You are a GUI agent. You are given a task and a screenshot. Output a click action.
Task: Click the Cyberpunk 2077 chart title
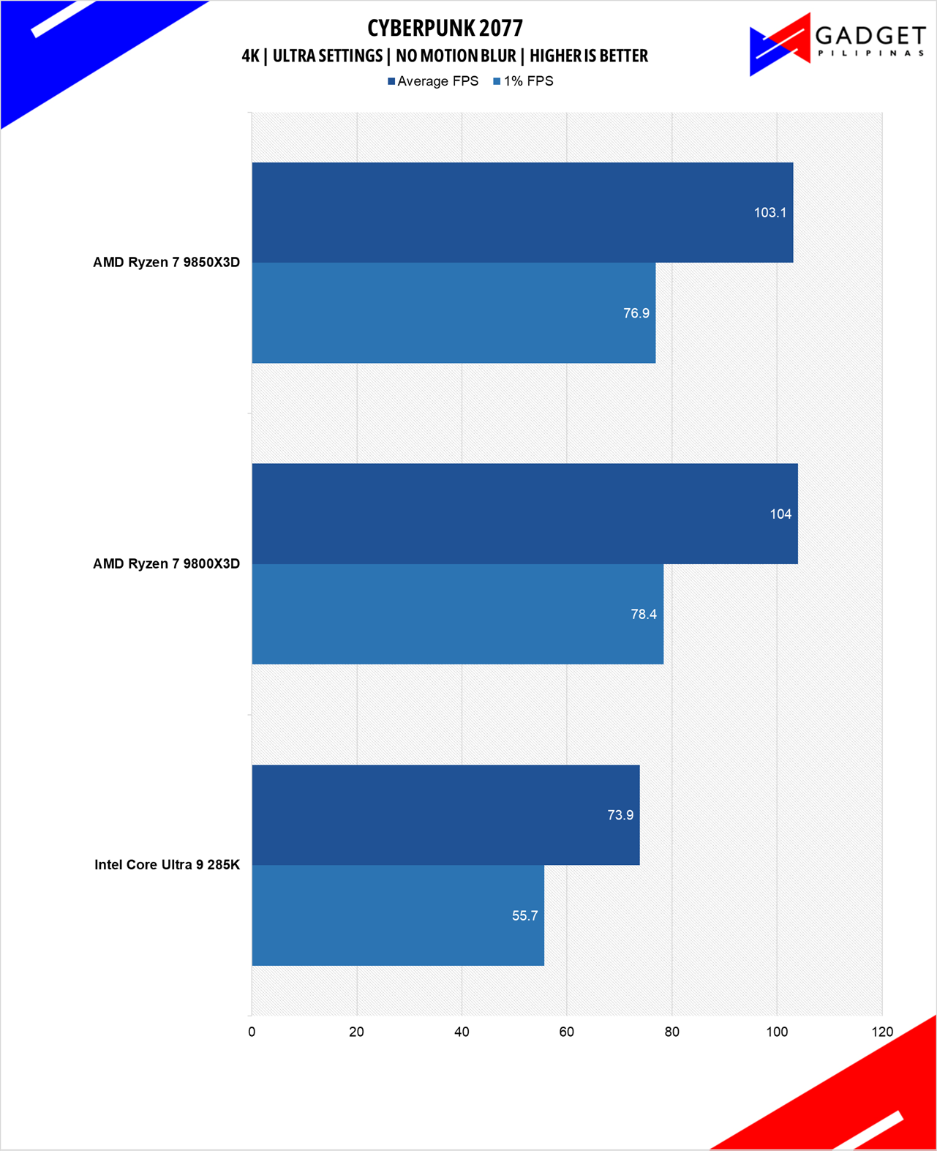coord(445,29)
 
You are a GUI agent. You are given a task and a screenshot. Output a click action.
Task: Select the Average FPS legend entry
coord(433,81)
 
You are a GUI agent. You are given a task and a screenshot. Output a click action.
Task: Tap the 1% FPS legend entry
coord(524,81)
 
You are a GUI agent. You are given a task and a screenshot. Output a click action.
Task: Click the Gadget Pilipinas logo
coord(837,44)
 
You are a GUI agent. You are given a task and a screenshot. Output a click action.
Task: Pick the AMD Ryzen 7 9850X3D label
coord(166,262)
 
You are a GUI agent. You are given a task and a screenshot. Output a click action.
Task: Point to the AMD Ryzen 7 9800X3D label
coord(166,563)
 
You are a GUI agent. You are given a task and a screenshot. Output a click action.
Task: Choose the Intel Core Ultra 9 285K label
coord(167,865)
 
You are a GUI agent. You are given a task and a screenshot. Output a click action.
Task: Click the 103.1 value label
coord(769,213)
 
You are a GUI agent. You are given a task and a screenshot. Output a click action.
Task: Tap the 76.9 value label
coord(636,313)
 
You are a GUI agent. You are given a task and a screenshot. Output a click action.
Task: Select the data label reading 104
coord(780,514)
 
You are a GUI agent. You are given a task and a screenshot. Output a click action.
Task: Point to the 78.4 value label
coord(644,615)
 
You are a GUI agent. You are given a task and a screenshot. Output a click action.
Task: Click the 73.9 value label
coord(620,815)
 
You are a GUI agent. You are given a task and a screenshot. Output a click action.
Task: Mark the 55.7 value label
coord(524,916)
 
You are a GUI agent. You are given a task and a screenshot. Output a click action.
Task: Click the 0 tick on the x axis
coord(252,1032)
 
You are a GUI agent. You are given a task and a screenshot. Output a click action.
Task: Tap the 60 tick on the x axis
coord(567,1032)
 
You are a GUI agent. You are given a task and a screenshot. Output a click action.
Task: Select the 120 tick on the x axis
coord(882,1032)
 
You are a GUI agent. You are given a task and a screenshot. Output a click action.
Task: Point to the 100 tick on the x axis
coord(777,1032)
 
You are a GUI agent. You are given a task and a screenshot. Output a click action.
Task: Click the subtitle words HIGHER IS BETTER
coord(589,56)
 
